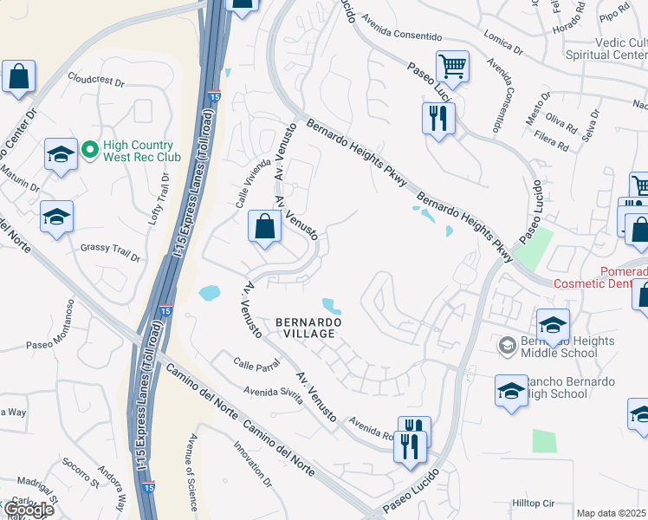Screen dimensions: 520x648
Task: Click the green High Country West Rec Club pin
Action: (89, 151)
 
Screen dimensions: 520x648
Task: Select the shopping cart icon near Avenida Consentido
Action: (452, 65)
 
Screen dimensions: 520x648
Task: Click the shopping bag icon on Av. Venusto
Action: (265, 227)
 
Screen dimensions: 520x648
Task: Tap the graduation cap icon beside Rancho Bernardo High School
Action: (512, 390)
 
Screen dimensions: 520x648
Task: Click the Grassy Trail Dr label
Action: (110, 251)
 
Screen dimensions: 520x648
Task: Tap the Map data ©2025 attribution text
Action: (612, 513)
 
